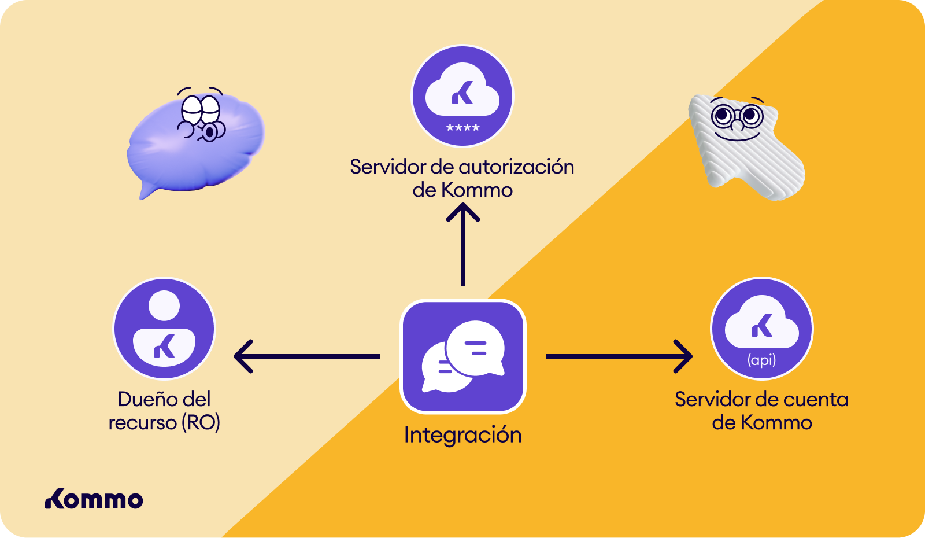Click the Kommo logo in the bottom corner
(94, 500)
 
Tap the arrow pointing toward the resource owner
(306, 356)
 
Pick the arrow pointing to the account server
(619, 356)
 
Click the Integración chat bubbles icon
(463, 356)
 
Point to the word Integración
(462, 435)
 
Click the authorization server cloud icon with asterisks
(462, 96)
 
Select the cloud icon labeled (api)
(762, 329)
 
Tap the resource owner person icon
(164, 329)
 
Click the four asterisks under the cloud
(463, 128)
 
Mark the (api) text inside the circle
(762, 360)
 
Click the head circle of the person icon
(164, 305)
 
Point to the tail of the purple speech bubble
(147, 190)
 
